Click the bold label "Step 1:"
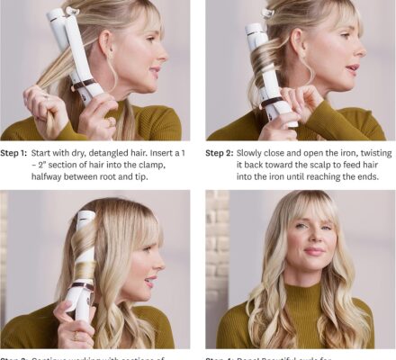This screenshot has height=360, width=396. (x=17, y=152)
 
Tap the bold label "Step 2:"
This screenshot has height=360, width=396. (x=220, y=152)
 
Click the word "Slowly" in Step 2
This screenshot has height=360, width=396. (x=256, y=152)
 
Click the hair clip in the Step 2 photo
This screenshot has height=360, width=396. (x=267, y=13)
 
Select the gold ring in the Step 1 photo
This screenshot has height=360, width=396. (x=111, y=121)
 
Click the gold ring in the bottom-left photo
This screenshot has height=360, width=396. (x=74, y=337)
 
